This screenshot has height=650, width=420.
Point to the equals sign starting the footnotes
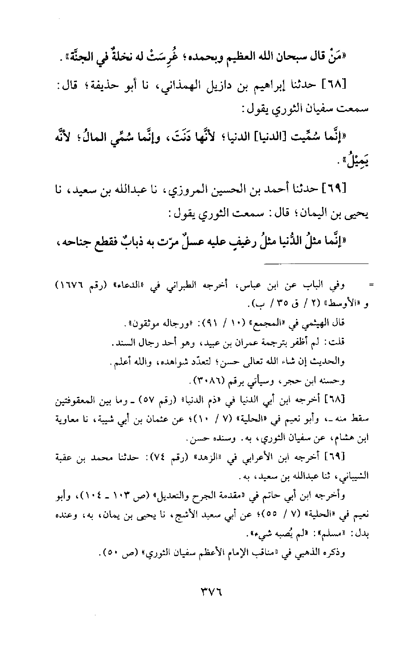pos(370,285)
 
